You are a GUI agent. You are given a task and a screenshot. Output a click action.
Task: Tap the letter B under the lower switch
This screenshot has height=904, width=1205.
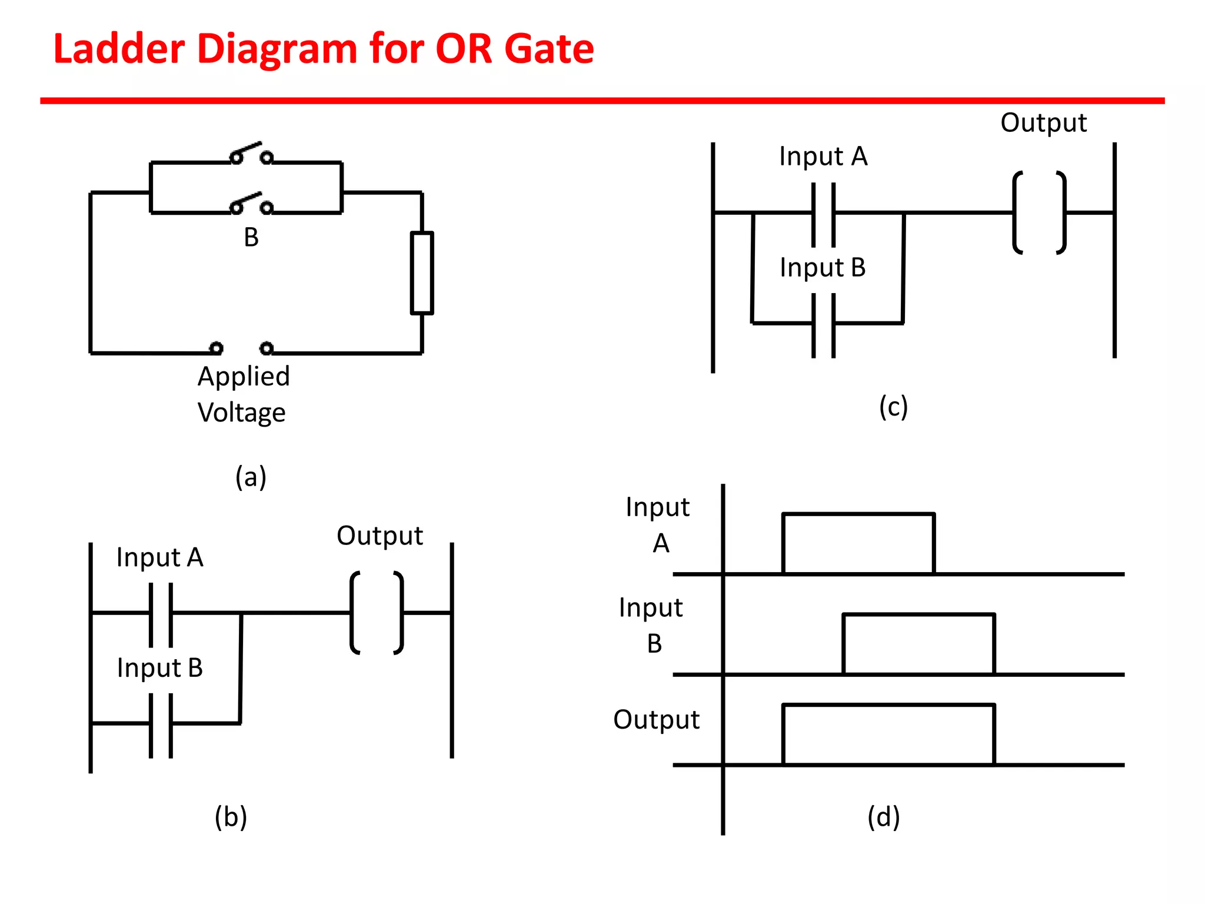click(x=251, y=238)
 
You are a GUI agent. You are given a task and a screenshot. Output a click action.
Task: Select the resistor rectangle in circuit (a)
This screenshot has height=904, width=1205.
click(x=422, y=272)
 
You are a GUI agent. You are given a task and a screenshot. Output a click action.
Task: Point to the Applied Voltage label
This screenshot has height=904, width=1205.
click(x=243, y=394)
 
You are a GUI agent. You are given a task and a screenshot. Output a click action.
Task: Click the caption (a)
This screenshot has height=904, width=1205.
click(x=251, y=477)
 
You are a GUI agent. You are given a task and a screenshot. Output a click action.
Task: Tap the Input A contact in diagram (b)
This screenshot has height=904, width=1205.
click(x=161, y=614)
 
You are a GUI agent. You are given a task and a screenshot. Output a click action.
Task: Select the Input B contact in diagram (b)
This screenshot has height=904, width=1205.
click(x=161, y=724)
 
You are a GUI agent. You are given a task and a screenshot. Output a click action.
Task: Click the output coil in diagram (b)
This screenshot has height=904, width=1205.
click(x=377, y=613)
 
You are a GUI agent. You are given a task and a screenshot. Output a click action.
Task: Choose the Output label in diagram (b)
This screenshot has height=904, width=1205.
click(x=380, y=536)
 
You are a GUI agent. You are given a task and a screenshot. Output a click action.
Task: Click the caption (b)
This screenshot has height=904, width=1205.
click(x=231, y=817)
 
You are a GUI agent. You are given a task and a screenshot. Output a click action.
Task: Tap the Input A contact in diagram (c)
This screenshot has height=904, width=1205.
click(x=823, y=214)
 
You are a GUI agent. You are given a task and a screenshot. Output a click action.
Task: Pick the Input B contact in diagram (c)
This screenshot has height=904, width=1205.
click(x=823, y=324)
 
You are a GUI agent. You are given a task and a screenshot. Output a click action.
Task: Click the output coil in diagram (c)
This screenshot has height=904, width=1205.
click(x=1039, y=212)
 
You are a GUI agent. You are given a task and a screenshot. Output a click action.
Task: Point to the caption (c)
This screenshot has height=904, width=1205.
click(x=893, y=407)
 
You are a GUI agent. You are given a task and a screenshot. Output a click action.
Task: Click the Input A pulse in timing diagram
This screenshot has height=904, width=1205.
click(x=858, y=543)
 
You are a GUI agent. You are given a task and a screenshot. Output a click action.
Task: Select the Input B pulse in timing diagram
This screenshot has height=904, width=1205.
click(x=918, y=644)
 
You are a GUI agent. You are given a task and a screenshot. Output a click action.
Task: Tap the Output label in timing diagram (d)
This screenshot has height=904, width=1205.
click(x=656, y=720)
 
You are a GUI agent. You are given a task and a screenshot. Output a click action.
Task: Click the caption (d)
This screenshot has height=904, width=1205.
click(x=883, y=817)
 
